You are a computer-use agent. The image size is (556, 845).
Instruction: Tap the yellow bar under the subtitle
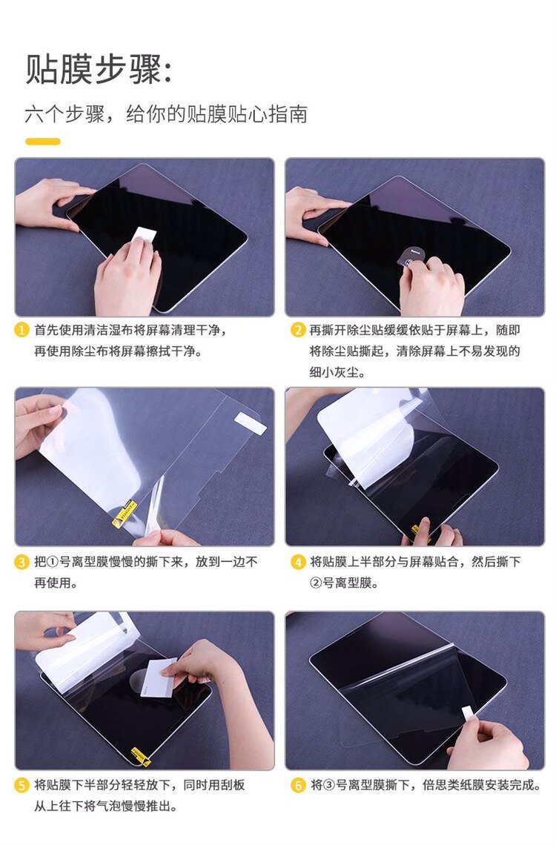coord(43,142)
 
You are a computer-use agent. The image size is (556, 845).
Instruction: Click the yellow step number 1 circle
coord(21,330)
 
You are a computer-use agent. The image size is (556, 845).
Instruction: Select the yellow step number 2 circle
coord(298,330)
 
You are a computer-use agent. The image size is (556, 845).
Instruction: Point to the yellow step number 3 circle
coord(21,562)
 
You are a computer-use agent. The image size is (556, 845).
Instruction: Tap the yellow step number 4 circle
coord(298,562)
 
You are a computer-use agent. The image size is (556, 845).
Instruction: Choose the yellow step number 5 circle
coord(21,785)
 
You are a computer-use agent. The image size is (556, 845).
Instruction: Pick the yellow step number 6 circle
coord(298,785)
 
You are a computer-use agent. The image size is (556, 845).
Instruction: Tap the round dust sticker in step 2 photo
coord(409,256)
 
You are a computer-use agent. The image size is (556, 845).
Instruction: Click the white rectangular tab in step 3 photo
coord(251,423)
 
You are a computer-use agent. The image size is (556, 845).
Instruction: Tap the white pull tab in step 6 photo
coord(468,714)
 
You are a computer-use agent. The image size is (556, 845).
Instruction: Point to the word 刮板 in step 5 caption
coord(233,785)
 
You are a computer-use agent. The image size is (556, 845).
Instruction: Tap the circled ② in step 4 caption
coord(317,583)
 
